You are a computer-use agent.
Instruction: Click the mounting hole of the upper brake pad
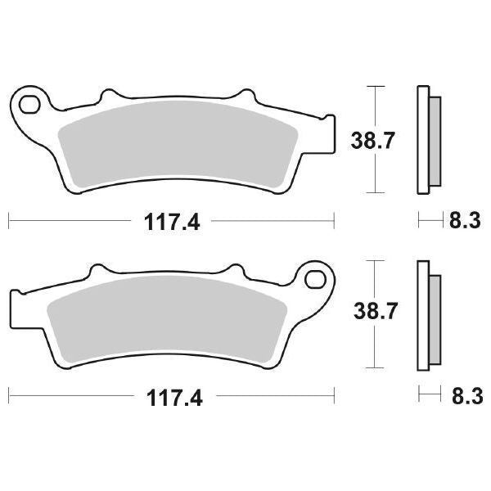(x=30, y=104)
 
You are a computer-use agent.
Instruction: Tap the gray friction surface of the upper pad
(x=176, y=143)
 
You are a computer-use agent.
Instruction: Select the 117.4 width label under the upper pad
(x=172, y=221)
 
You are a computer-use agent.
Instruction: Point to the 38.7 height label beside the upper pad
(x=375, y=140)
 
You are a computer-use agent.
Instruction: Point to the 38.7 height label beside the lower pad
(x=375, y=311)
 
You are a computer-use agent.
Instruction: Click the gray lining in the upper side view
(x=435, y=139)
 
